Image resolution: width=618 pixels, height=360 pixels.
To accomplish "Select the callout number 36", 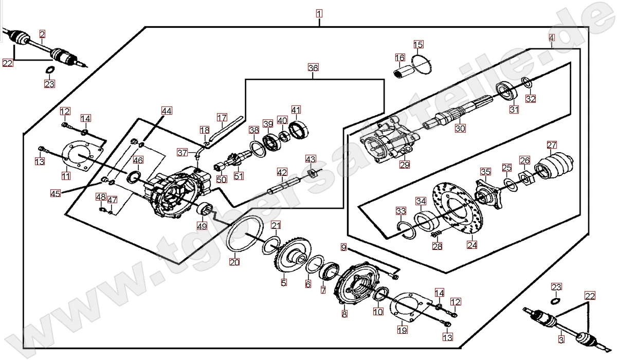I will click(x=313, y=68).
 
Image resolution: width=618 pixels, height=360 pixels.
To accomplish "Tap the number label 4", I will click(x=552, y=38).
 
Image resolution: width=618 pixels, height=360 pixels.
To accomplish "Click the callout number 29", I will click(x=405, y=165).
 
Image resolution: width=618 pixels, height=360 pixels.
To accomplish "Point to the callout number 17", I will click(x=222, y=117).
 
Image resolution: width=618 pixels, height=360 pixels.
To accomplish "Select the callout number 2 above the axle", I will click(x=42, y=34).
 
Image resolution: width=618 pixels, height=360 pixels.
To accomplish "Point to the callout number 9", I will click(x=344, y=247).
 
